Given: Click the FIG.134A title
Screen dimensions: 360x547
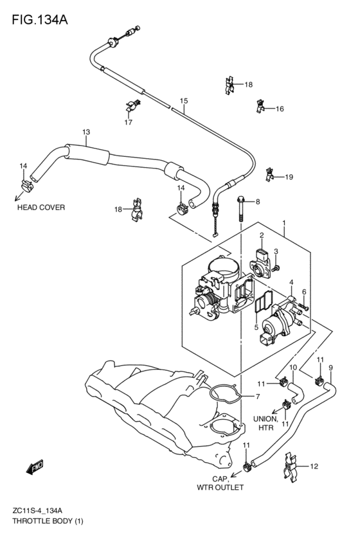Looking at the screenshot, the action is tap(40, 20).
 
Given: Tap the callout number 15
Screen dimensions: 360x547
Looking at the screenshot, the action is tap(184, 101).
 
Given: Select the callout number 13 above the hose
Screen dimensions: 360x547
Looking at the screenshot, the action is tap(86, 132).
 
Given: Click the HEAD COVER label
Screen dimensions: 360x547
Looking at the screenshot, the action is tap(41, 207).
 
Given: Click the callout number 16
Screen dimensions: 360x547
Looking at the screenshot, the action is tap(280, 109).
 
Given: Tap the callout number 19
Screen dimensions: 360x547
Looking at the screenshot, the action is tap(289, 177).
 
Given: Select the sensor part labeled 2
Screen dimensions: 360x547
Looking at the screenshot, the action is tap(260, 264).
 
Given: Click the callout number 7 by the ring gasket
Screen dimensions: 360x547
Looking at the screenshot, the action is tap(258, 397).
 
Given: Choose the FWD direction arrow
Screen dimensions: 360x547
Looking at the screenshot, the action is tap(35, 467).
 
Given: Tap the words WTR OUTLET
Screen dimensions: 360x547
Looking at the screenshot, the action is tap(220, 487).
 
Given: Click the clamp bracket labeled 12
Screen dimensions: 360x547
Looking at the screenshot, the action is tap(291, 467).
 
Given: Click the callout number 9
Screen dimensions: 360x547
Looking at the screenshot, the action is tap(330, 367).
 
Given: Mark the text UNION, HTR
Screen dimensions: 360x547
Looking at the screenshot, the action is tap(265, 423).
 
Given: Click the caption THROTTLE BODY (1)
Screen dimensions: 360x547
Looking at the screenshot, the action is tap(48, 521).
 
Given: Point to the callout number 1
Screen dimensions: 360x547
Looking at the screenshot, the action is tap(284, 222).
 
